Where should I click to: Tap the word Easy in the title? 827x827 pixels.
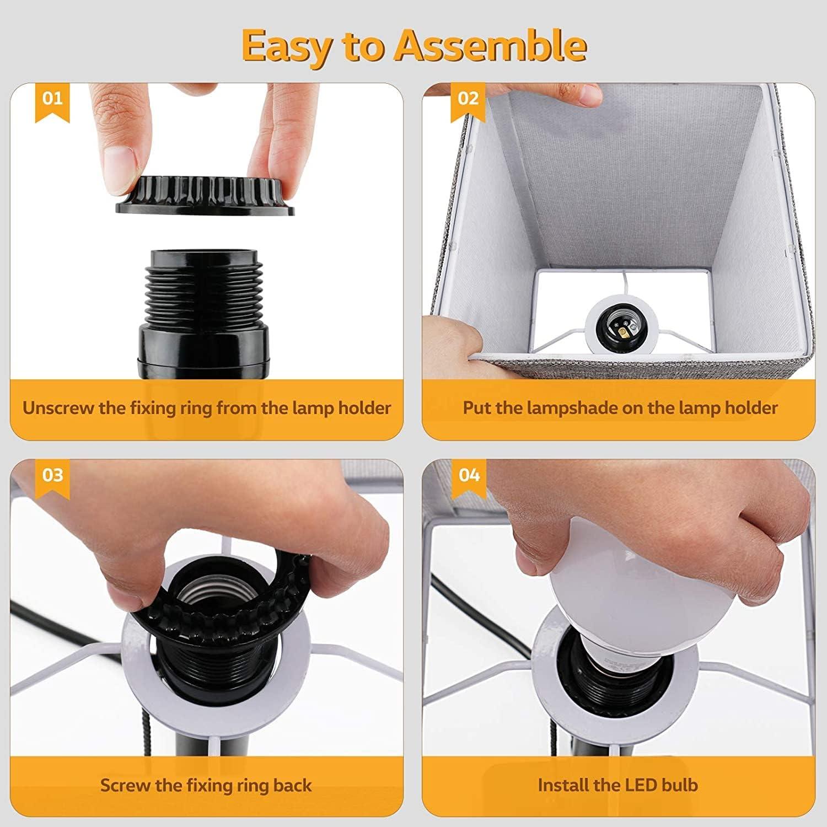(x=285, y=46)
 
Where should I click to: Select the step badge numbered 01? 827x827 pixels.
(x=52, y=99)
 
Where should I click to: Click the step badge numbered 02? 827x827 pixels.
(x=468, y=99)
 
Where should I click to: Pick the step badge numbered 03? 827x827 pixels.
(x=52, y=475)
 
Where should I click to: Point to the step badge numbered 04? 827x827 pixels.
(x=469, y=475)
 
